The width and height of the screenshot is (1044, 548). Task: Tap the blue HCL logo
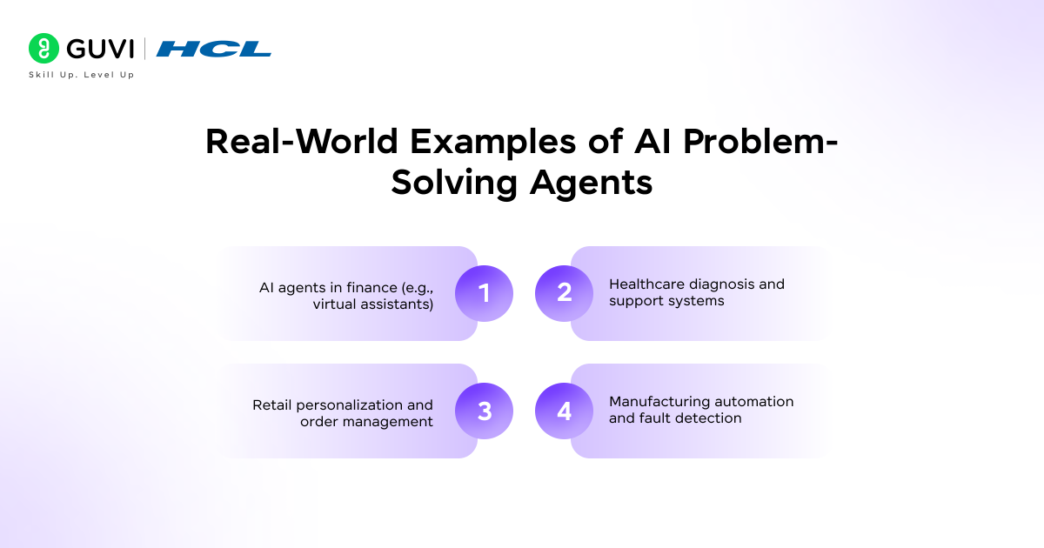[x=214, y=49]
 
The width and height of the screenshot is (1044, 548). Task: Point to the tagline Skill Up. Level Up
[x=82, y=75]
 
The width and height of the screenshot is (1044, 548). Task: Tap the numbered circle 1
[x=485, y=293]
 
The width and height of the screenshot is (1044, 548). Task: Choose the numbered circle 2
[x=564, y=293]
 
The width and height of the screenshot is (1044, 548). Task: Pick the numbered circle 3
[x=485, y=411]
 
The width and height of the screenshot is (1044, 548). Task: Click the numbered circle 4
[x=564, y=411]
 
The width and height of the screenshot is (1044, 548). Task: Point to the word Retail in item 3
[x=272, y=404]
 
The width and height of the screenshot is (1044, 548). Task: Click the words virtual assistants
[x=373, y=304]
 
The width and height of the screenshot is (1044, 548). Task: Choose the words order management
[x=366, y=422]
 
